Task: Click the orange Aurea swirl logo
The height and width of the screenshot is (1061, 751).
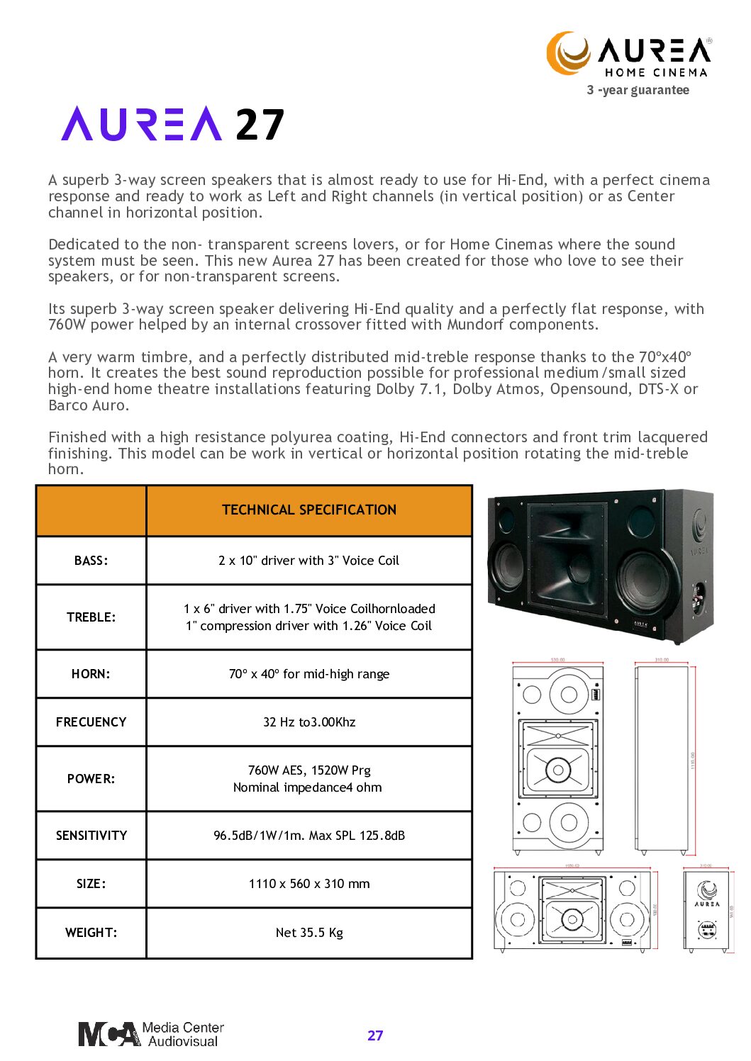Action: pyautogui.click(x=568, y=52)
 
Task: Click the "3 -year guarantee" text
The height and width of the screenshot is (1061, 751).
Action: pyautogui.click(x=638, y=90)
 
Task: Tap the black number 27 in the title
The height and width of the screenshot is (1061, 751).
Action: pyautogui.click(x=260, y=125)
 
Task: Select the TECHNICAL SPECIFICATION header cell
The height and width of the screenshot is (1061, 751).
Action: pyautogui.click(x=309, y=510)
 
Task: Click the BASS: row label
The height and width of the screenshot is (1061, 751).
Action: pyautogui.click(x=91, y=561)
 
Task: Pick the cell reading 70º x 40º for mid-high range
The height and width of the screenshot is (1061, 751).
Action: pyautogui.click(x=309, y=674)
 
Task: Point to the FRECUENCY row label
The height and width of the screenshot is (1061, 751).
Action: pyautogui.click(x=91, y=722)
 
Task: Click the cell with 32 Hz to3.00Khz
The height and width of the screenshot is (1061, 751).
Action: pyautogui.click(x=309, y=722)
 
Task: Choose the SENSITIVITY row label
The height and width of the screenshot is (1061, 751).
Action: pyautogui.click(x=91, y=836)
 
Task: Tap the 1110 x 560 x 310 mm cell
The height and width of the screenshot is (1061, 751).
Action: pyautogui.click(x=309, y=884)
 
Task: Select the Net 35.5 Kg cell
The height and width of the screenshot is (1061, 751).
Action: pyautogui.click(x=309, y=933)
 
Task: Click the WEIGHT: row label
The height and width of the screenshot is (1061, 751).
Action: pyautogui.click(x=91, y=933)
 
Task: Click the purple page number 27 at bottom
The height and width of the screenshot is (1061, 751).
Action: pyautogui.click(x=375, y=1035)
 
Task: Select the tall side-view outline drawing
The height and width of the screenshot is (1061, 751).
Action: pyautogui.click(x=661, y=758)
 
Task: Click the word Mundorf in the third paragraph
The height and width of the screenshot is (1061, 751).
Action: pyautogui.click(x=476, y=325)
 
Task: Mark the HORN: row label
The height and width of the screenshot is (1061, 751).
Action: pyautogui.click(x=91, y=674)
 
